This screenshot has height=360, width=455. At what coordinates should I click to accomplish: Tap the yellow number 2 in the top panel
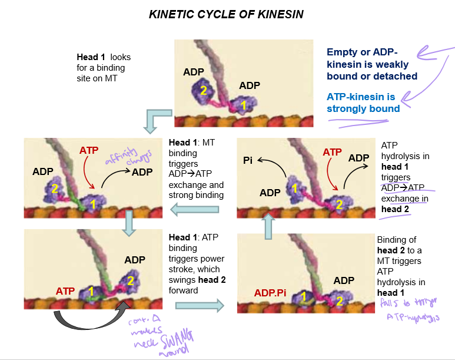coord(203,91)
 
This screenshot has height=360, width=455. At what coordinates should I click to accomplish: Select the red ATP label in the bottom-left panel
coord(65,291)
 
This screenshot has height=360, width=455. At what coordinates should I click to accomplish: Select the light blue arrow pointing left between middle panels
coord(195,209)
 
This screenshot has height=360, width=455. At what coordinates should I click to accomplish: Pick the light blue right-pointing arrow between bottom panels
coord(200,305)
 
